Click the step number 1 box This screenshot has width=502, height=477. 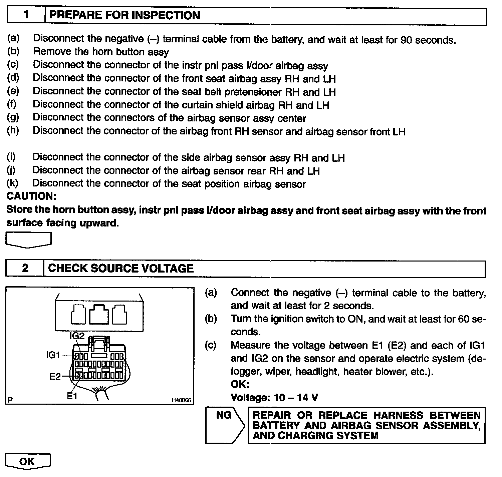(x=26, y=16)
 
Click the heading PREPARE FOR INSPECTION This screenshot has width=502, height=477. (x=124, y=16)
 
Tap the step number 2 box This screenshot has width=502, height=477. (x=25, y=269)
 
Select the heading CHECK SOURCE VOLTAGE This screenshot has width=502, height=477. (x=121, y=269)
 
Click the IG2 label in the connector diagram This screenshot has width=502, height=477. (x=77, y=336)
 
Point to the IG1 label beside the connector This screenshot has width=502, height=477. (x=53, y=356)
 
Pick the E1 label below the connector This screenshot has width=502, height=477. (x=72, y=396)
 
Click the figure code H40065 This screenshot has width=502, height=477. (x=182, y=400)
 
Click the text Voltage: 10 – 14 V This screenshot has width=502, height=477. (x=274, y=398)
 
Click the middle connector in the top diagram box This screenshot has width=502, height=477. (x=99, y=314)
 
